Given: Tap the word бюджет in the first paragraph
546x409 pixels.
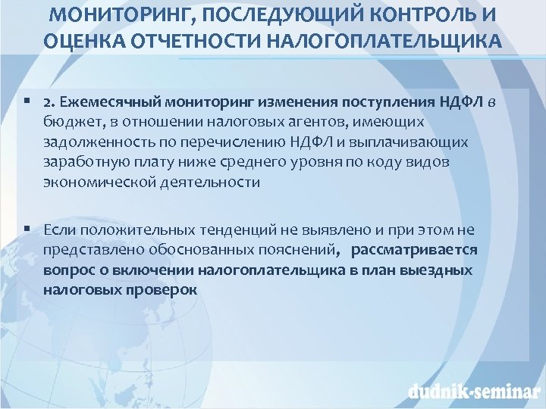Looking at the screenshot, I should (68, 122).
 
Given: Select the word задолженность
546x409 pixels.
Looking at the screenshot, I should (90, 142).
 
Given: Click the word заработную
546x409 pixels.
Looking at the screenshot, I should (81, 162).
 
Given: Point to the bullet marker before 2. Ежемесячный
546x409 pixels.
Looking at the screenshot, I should (27, 101).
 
